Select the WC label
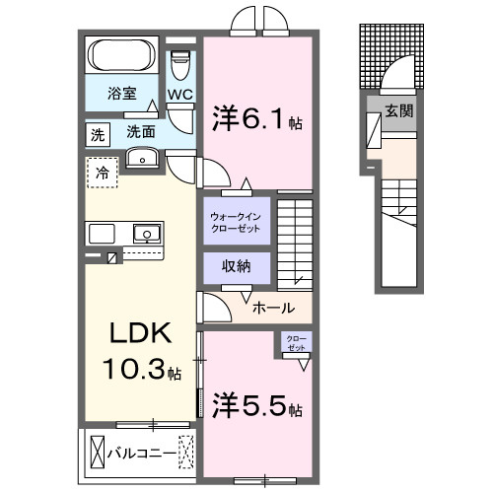tap(179, 96)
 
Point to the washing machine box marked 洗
tap(97, 131)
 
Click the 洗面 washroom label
tap(141, 131)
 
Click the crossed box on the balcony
tap(97, 453)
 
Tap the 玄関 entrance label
tap(399, 110)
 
